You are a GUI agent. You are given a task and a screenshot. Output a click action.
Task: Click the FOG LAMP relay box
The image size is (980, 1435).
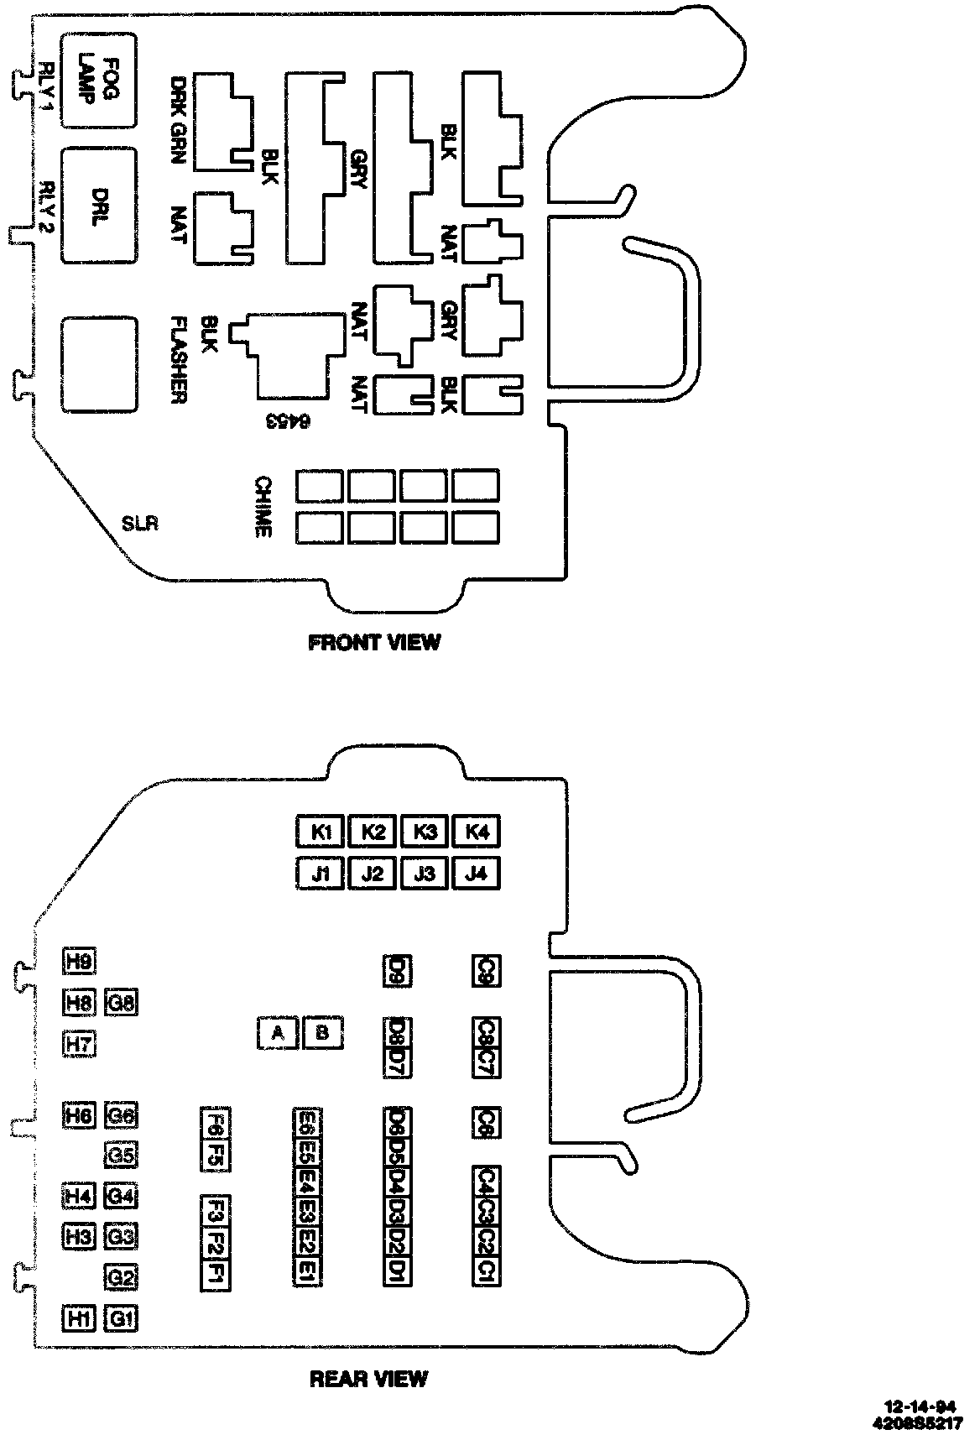[100, 81]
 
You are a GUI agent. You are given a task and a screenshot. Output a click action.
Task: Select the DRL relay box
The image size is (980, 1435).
[100, 206]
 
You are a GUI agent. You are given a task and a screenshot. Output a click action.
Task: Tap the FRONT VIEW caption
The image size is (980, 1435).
[374, 643]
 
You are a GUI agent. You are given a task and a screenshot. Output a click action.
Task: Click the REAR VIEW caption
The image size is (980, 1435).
[369, 1379]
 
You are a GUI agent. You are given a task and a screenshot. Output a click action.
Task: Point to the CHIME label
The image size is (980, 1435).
[263, 507]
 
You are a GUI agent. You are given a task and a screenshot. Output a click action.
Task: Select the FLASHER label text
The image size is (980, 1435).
[178, 360]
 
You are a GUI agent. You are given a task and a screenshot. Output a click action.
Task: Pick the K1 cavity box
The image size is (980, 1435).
[321, 832]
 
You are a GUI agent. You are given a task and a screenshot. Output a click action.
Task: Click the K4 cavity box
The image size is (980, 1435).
[477, 832]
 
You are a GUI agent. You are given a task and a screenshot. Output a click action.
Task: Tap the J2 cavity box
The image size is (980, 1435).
[373, 874]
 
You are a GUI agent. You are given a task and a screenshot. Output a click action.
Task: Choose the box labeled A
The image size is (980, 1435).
[278, 1033]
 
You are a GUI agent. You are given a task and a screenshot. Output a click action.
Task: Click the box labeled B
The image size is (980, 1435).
[322, 1033]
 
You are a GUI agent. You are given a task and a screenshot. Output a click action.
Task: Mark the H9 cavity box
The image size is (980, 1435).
[80, 962]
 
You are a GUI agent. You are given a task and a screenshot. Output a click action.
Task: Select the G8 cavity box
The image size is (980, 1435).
[122, 1002]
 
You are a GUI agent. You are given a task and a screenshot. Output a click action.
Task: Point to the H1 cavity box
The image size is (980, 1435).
[80, 1319]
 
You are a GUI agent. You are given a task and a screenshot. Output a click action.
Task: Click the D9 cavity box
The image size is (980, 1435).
[398, 971]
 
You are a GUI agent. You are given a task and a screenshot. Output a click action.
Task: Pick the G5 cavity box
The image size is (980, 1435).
[122, 1156]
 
